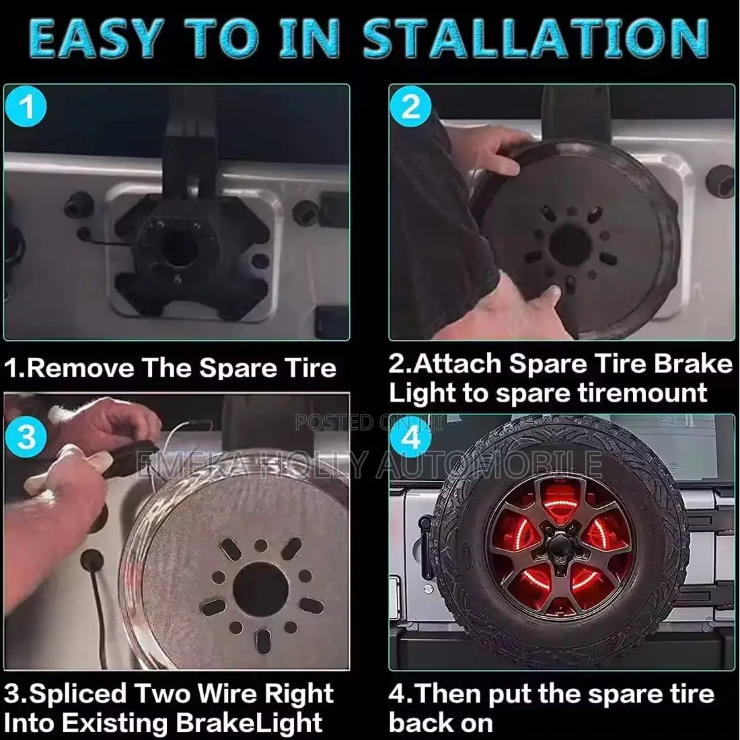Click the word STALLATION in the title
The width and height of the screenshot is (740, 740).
pyautogui.click(x=535, y=39)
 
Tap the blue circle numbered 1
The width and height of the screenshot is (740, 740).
pyautogui.click(x=26, y=106)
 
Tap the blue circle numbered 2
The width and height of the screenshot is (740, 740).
pyautogui.click(x=410, y=106)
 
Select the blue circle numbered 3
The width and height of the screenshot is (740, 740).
pyautogui.click(x=26, y=437)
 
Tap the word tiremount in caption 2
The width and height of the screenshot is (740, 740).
pyautogui.click(x=642, y=393)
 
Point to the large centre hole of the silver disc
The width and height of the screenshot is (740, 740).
pyautogui.click(x=260, y=590)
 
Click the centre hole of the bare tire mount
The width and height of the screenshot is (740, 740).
pyautogui.click(x=181, y=248)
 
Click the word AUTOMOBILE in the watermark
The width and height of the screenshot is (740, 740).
pyautogui.click(x=489, y=464)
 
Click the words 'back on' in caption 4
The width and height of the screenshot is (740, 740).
pyautogui.click(x=441, y=723)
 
